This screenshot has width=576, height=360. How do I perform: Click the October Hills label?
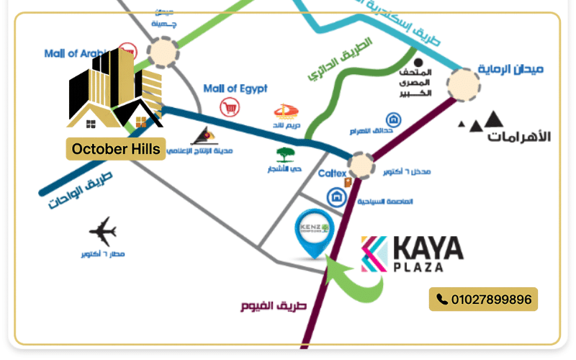[116, 149]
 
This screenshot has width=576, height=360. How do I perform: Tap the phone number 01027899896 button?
[484, 299]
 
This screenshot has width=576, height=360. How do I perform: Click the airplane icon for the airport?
[103, 232]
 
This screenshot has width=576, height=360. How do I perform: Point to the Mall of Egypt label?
[235, 89]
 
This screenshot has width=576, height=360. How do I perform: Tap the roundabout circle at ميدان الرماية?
[464, 84]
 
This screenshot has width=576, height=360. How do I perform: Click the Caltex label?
[333, 174]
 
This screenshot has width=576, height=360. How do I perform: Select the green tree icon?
[285, 156]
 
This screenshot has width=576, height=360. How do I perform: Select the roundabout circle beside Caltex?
[362, 166]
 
